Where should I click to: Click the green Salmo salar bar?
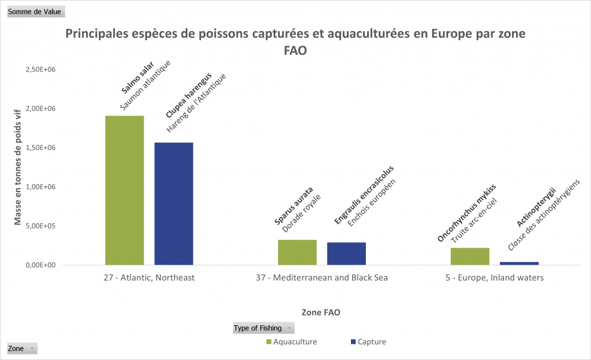point(125,190)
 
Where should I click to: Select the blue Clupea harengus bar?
point(174,204)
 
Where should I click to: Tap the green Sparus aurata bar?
point(297,252)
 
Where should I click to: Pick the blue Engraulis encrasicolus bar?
point(346,253)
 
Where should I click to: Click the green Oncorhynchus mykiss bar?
point(470,256)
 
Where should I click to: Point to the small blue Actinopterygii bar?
point(519,263)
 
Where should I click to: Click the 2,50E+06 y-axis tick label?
point(40,69)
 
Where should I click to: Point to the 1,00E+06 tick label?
point(40,187)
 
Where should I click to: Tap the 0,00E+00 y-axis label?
point(40,265)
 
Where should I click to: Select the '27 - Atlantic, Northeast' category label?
point(149,277)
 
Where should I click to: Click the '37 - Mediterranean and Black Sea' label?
point(321,277)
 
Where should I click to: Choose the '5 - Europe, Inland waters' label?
point(495,277)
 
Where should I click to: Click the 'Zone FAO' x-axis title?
point(321,312)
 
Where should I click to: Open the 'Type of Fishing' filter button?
point(263,328)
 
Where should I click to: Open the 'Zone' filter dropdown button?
point(22,348)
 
